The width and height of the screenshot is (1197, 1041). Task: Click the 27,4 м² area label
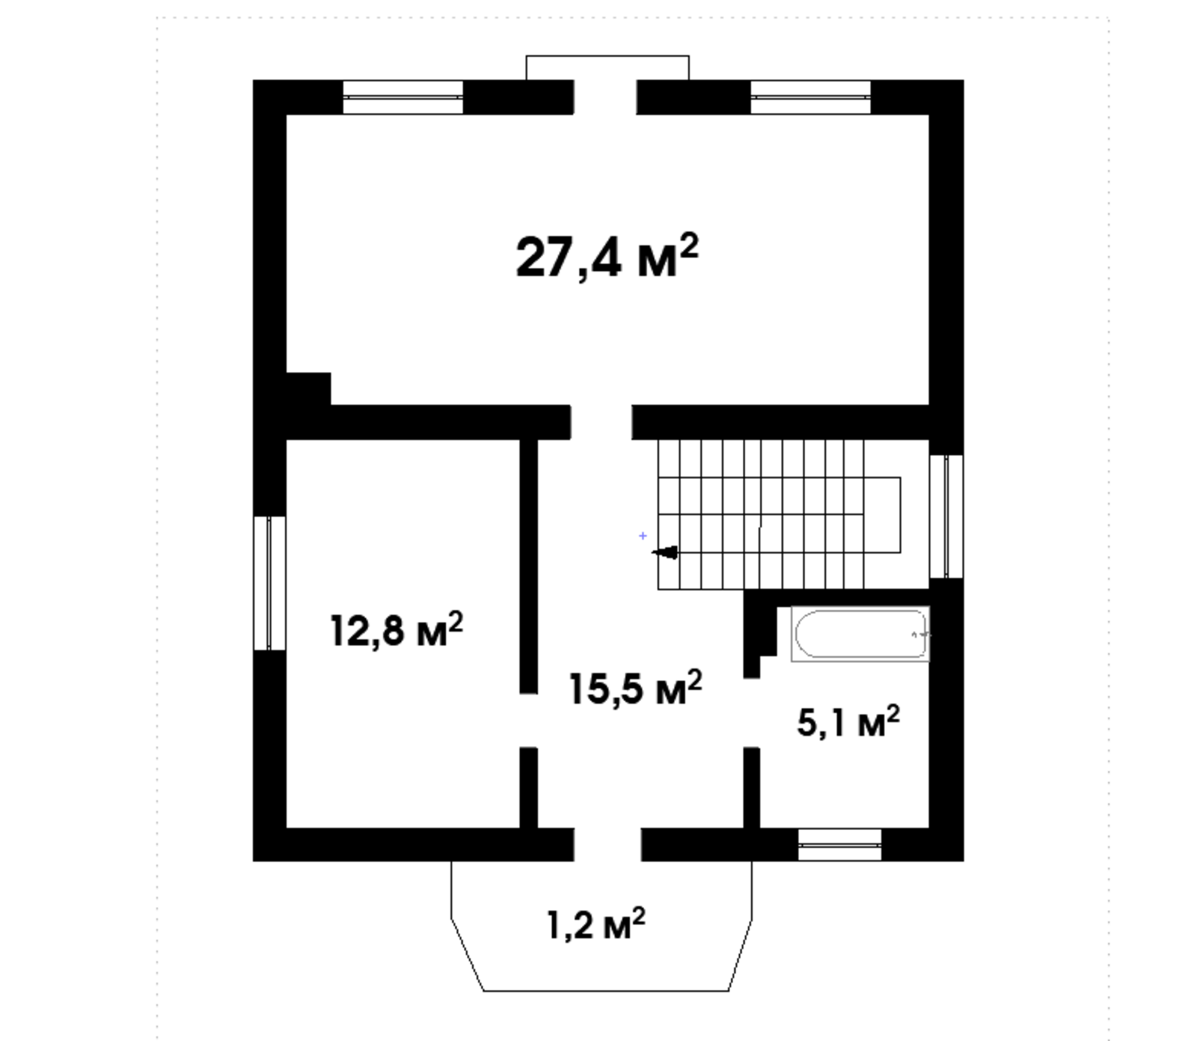tap(607, 256)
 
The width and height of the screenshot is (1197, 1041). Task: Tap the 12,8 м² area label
tap(397, 630)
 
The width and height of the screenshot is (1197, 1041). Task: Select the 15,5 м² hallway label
tap(636, 688)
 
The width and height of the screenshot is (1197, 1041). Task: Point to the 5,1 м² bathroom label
tap(848, 722)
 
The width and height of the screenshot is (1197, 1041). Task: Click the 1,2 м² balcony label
tap(596, 924)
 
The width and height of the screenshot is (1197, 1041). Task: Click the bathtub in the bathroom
tap(860, 634)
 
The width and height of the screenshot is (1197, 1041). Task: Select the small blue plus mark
tap(643, 536)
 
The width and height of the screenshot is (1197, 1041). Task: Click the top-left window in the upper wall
tap(403, 97)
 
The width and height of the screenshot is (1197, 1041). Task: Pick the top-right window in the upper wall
tap(811, 97)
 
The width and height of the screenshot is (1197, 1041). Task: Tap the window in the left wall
tap(269, 583)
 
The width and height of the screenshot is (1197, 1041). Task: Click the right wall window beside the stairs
tap(946, 516)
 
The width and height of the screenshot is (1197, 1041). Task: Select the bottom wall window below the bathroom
tap(840, 845)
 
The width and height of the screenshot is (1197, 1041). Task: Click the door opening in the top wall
tap(605, 97)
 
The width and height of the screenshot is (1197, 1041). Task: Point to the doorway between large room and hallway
tap(601, 422)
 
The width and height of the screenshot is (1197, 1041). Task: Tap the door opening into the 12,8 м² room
tap(529, 720)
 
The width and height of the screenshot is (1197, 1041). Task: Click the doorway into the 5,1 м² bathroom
tap(751, 713)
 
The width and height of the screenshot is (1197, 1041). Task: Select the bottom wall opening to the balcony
tap(607, 845)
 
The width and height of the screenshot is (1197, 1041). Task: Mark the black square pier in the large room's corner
tap(309, 389)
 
